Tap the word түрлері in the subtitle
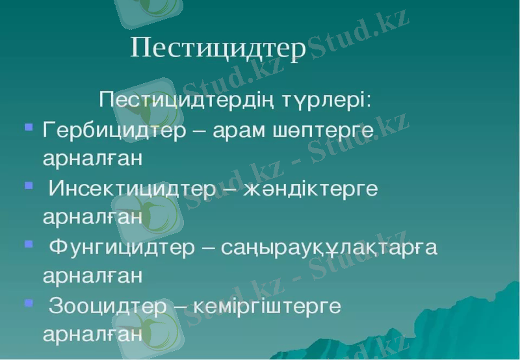[x=327, y=101]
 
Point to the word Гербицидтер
[x=114, y=129]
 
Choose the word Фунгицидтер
[x=122, y=248]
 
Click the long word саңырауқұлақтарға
[x=329, y=249]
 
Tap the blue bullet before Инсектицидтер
[x=28, y=185]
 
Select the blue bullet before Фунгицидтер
[x=28, y=244]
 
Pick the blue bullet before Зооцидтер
[x=28, y=302]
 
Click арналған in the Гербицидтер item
[x=92, y=159]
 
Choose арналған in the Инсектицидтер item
[x=92, y=218]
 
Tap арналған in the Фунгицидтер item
[x=92, y=276]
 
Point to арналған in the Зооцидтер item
[x=92, y=335]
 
